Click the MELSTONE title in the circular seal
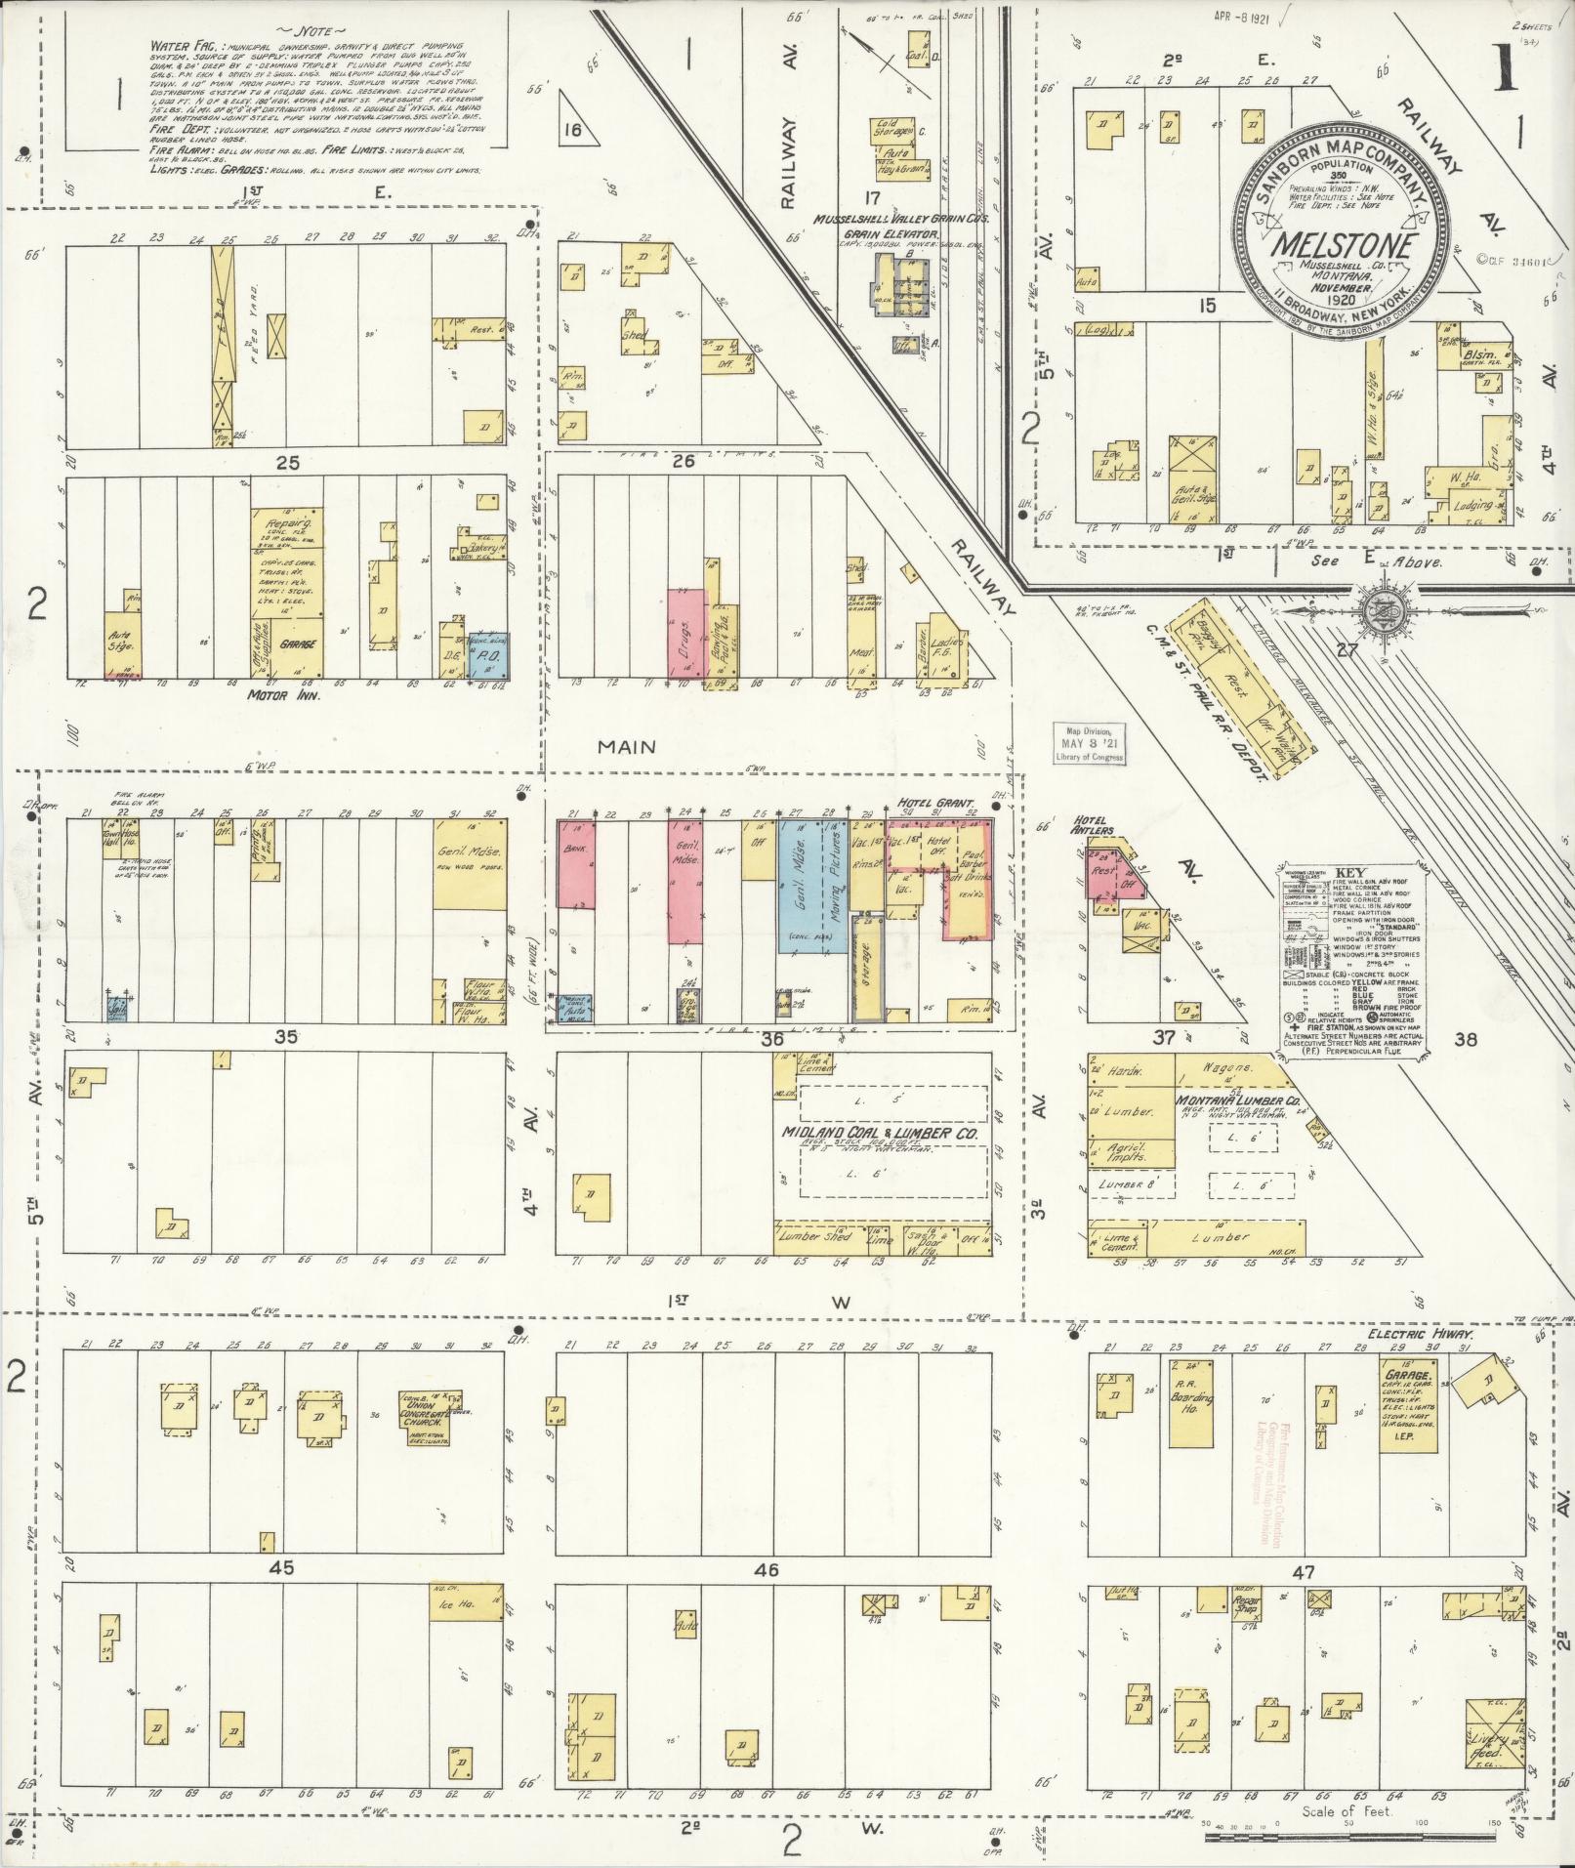click(x=1343, y=245)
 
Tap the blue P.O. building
click(x=486, y=658)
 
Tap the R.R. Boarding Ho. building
click(x=1190, y=1403)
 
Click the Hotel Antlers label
click(x=1093, y=825)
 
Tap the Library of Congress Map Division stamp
click(x=1088, y=746)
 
